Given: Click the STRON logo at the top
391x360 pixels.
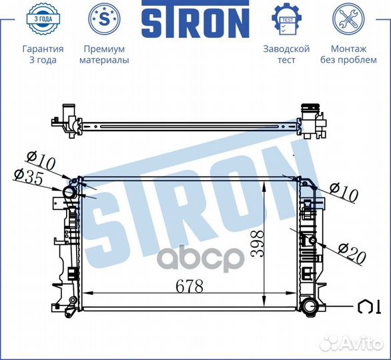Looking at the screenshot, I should click(x=195, y=21).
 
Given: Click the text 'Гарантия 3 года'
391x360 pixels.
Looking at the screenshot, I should click(x=43, y=55).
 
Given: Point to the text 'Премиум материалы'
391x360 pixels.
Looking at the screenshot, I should click(x=104, y=55).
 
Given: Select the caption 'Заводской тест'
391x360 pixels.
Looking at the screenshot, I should click(x=286, y=55).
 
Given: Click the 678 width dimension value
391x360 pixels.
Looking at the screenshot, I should click(x=189, y=285).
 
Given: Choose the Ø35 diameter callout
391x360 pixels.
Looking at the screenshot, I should click(x=27, y=177).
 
